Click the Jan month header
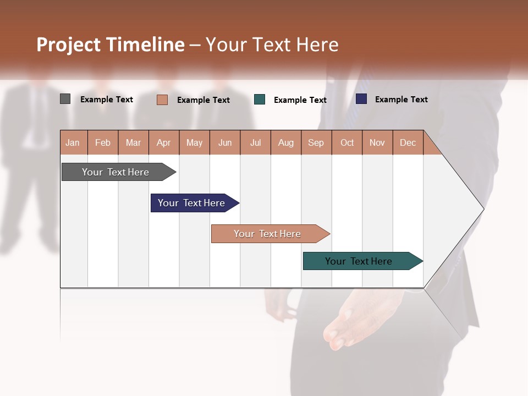coord(73,142)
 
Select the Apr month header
coord(163,142)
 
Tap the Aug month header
coord(285,142)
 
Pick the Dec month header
coord(408,142)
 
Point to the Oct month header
coord(347,142)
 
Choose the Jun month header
coord(225,142)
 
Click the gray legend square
coord(65,99)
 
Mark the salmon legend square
coord(162,100)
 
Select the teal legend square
coord(260,100)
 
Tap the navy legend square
coord(361,99)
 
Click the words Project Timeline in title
coord(110,45)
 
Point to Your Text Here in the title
coord(272,45)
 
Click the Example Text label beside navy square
coord(401,100)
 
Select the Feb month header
coord(103,142)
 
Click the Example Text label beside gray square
coord(106,100)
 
